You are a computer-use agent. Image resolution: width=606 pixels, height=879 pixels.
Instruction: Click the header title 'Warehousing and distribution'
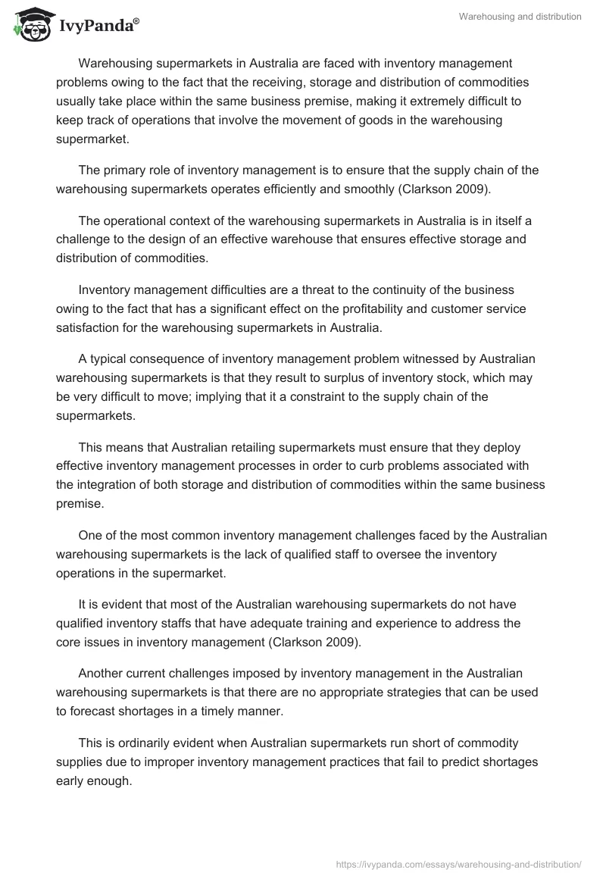[520, 17]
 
